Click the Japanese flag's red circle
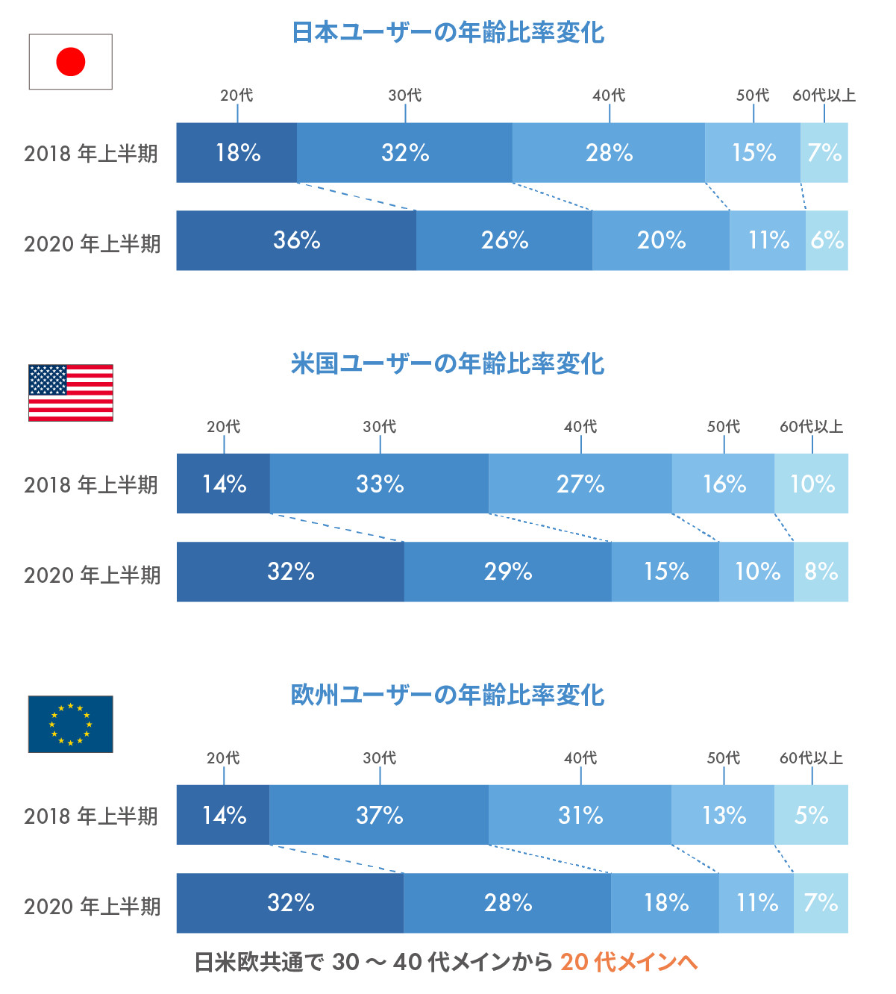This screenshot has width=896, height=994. (x=71, y=62)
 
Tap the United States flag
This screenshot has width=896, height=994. (x=71, y=393)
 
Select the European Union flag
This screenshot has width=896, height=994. (x=71, y=724)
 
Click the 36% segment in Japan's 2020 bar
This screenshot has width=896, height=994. (x=296, y=240)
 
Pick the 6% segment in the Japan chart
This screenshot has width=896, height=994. (x=827, y=240)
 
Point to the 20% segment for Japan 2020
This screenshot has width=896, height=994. (x=661, y=240)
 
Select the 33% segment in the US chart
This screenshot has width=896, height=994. (x=379, y=484)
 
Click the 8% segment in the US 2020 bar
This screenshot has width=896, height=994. (x=821, y=572)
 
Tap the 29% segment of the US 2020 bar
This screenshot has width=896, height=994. (x=508, y=572)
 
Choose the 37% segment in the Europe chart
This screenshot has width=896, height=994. (x=379, y=815)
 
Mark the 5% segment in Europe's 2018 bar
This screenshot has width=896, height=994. (x=811, y=815)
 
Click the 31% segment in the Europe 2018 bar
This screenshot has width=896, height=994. (x=580, y=815)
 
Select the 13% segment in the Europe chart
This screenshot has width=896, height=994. (x=723, y=815)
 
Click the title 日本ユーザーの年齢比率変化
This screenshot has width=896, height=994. (x=448, y=33)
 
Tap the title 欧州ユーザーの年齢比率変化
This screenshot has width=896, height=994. (x=448, y=695)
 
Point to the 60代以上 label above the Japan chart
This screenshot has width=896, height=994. (x=824, y=96)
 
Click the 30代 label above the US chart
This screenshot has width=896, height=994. (x=380, y=427)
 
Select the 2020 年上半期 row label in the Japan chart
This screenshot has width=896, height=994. (x=93, y=244)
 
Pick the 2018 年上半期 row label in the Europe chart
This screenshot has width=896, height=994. (x=91, y=816)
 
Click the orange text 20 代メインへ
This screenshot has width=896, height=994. (x=629, y=962)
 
